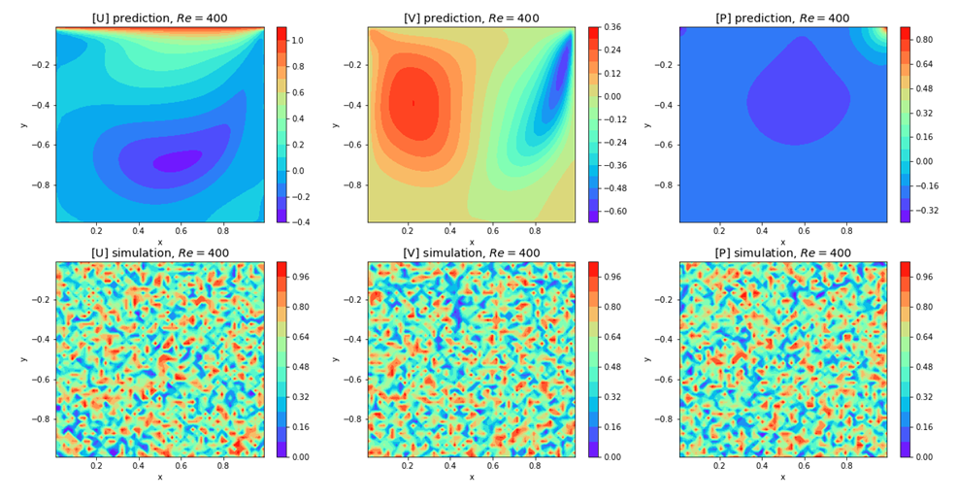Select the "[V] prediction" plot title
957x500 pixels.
pyautogui.click(x=471, y=18)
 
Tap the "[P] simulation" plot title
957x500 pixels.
pyautogui.click(x=782, y=253)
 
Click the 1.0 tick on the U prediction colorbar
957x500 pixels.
pyautogui.click(x=297, y=41)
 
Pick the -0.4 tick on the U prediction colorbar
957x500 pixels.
pyautogui.click(x=299, y=222)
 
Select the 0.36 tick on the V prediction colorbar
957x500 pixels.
pyautogui.click(x=611, y=27)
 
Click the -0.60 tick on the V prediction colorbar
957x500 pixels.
pyautogui.click(x=613, y=211)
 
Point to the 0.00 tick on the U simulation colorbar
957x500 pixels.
pyautogui.click(x=299, y=456)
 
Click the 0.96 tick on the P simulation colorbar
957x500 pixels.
pyautogui.click(x=923, y=277)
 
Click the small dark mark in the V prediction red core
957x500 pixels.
pyautogui.click(x=413, y=103)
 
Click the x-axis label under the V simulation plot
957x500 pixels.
pyautogui.click(x=472, y=477)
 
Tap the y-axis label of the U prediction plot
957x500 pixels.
pyautogui.click(x=23, y=124)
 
